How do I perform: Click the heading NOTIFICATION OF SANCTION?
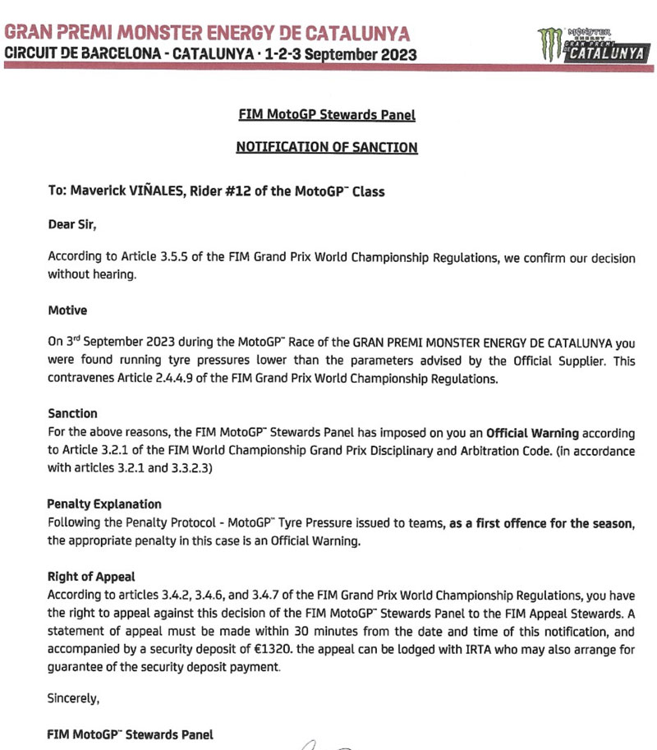pos(327,148)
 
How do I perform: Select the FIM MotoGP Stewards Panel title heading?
pos(327,115)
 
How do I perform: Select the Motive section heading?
pos(67,311)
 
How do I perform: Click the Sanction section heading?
pos(72,414)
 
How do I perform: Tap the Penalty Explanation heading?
pos(104,504)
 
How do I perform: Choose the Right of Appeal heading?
pos(90,577)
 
